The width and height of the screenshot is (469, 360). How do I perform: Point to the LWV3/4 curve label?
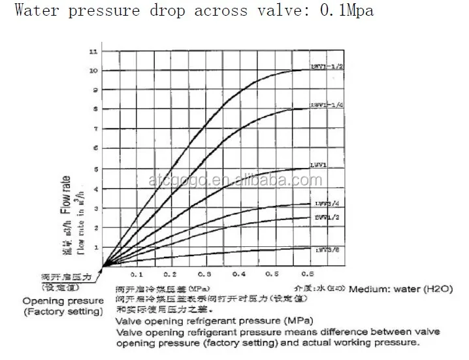pyautogui.click(x=324, y=204)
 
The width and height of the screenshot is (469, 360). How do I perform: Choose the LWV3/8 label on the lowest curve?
pyautogui.click(x=324, y=250)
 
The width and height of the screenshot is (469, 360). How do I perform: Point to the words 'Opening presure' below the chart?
pyautogui.click(x=63, y=301)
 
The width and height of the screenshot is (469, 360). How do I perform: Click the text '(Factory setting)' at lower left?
pyautogui.click(x=63, y=312)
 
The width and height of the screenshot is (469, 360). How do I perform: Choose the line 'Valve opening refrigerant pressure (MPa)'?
pyautogui.click(x=214, y=321)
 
